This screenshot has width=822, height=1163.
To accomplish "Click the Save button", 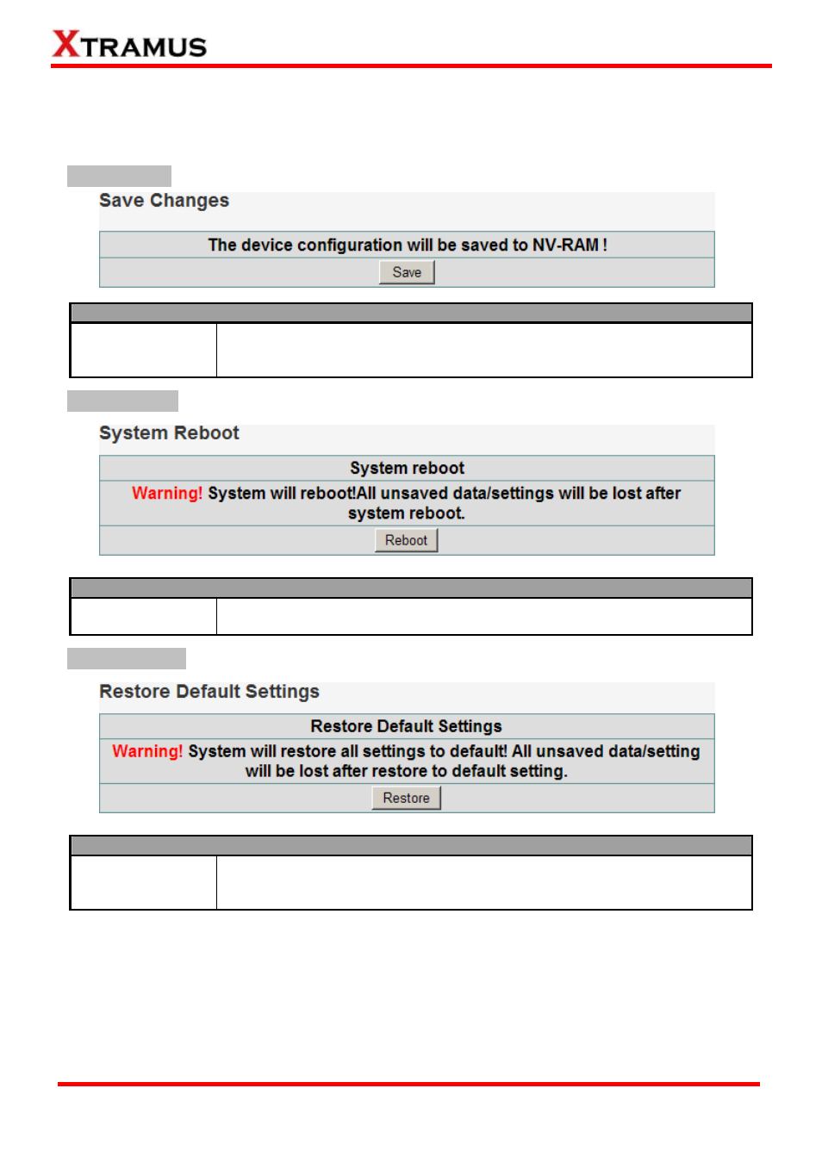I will (407, 272).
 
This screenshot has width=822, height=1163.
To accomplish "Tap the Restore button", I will (406, 798).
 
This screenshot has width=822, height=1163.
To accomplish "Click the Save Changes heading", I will (164, 201).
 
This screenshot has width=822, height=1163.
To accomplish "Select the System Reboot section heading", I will (169, 433).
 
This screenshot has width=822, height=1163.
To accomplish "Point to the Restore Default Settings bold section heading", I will (209, 692).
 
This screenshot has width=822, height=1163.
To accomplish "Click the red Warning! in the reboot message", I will (166, 493).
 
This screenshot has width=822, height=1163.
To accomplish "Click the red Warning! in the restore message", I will (147, 751).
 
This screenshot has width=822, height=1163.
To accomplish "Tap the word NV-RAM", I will (565, 245).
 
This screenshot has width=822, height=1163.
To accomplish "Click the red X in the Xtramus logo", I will (65, 43).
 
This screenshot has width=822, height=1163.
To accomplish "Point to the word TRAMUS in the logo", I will (145, 47).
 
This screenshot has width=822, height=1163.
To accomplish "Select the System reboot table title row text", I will (407, 468).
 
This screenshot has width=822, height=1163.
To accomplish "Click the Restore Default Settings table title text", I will (406, 726).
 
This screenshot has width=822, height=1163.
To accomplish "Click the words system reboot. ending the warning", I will (406, 513).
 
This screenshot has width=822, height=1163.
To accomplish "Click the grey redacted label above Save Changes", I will (119, 176).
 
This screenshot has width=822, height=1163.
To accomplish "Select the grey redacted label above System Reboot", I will (122, 401).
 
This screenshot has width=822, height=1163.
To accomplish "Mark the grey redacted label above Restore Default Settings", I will (127, 658).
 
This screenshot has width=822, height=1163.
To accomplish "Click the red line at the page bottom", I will (408, 1084).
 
